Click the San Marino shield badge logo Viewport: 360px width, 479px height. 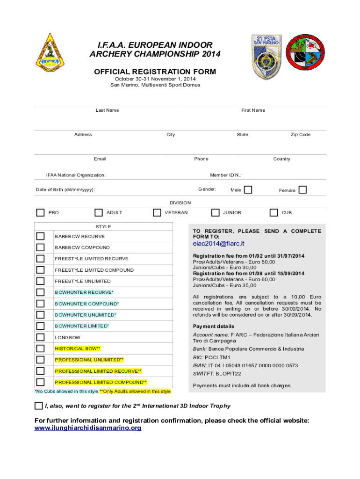(x=266, y=51)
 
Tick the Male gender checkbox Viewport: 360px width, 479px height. (x=248, y=189)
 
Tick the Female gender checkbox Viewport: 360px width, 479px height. (x=302, y=189)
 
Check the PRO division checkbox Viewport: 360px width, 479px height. (x=41, y=213)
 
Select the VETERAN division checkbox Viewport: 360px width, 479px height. (x=157, y=213)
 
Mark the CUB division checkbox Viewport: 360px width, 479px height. (x=274, y=213)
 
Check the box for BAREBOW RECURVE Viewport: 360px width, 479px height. (x=41, y=236)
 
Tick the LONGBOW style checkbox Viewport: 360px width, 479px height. (x=41, y=337)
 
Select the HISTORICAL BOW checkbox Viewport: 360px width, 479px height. (x=41, y=348)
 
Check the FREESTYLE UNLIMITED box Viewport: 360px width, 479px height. (x=41, y=281)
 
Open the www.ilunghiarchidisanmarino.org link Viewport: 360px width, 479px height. (x=88, y=428)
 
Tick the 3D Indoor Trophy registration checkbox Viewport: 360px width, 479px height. (x=38, y=406)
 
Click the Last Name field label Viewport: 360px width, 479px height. (x=107, y=110)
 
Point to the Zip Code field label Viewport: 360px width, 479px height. (x=300, y=135)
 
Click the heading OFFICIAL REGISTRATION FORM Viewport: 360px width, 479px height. (x=155, y=72)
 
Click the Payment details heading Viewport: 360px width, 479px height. (x=214, y=327)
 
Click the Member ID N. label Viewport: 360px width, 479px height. (x=225, y=175)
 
